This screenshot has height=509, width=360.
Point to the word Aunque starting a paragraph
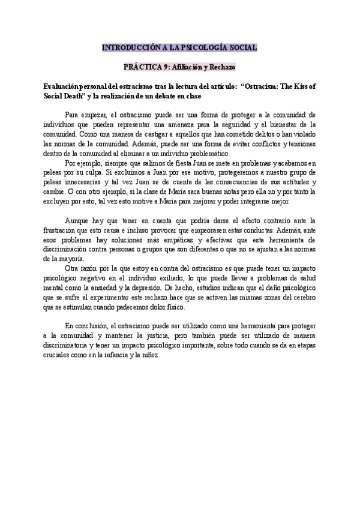[x=76, y=221]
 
